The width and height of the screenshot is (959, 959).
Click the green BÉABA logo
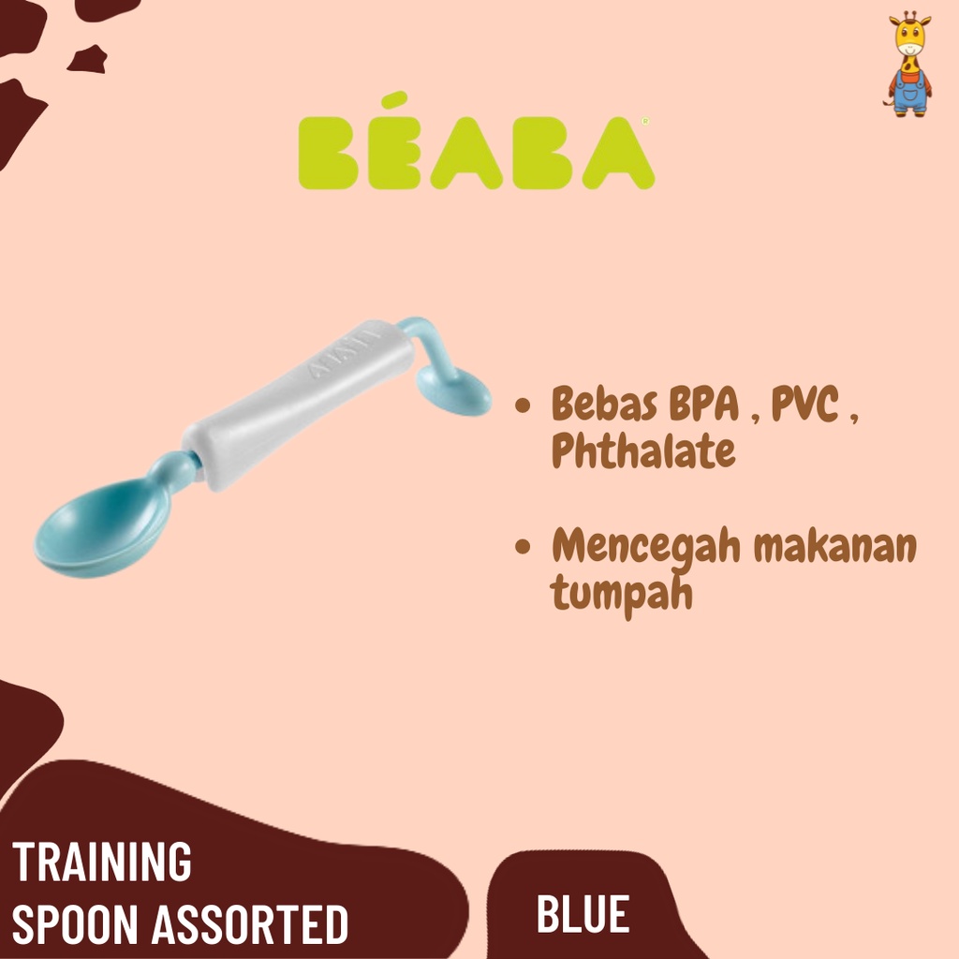(477, 142)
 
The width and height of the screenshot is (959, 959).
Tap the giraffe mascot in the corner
(909, 64)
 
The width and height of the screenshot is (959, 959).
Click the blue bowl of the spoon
(101, 528)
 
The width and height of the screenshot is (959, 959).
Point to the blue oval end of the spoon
(454, 392)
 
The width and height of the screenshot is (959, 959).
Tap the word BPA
(704, 405)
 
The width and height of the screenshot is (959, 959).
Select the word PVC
(804, 404)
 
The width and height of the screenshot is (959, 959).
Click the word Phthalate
(643, 450)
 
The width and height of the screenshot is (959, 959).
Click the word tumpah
(622, 593)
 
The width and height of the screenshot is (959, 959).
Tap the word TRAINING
(101, 862)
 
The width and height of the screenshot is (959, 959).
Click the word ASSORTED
(249, 924)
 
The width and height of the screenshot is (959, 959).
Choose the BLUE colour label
(583, 914)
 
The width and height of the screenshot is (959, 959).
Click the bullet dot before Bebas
(523, 405)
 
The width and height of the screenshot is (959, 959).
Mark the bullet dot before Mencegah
(523, 546)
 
